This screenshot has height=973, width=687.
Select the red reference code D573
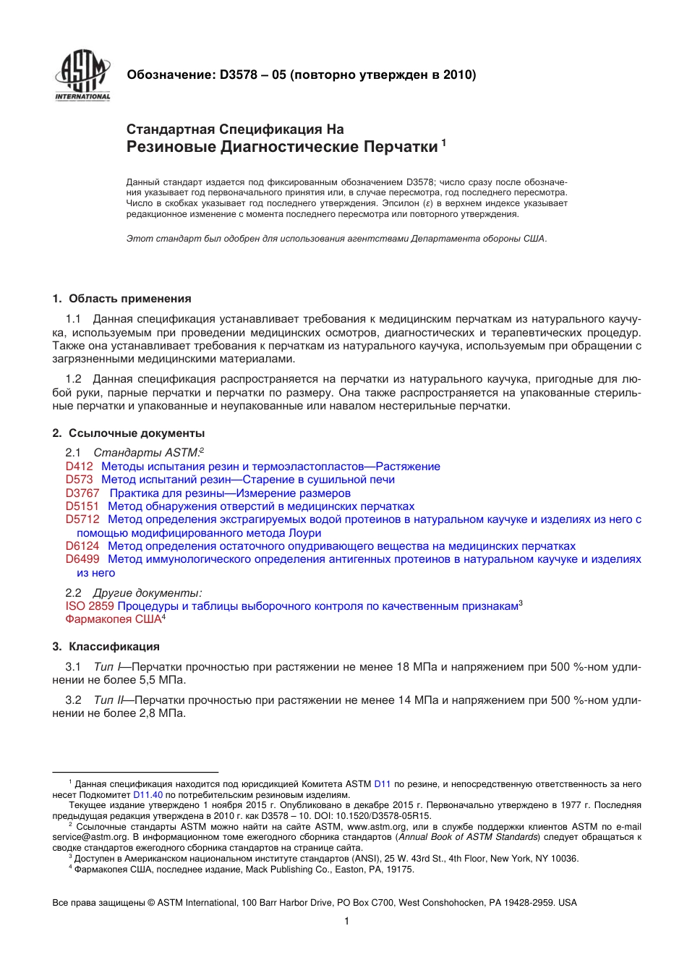(x=79, y=480)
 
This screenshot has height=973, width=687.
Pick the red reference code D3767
(x=82, y=493)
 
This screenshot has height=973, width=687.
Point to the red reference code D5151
(x=82, y=506)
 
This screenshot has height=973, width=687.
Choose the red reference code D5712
(x=82, y=519)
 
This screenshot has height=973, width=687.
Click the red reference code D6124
(x=82, y=546)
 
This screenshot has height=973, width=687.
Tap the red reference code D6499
(x=82, y=559)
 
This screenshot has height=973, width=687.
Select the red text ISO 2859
(x=90, y=606)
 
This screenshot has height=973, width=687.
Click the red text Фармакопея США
(x=113, y=619)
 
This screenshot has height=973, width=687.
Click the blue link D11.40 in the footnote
(x=148, y=794)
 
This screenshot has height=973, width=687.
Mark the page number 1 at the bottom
(x=346, y=921)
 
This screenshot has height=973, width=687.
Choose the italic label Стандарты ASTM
(x=146, y=453)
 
